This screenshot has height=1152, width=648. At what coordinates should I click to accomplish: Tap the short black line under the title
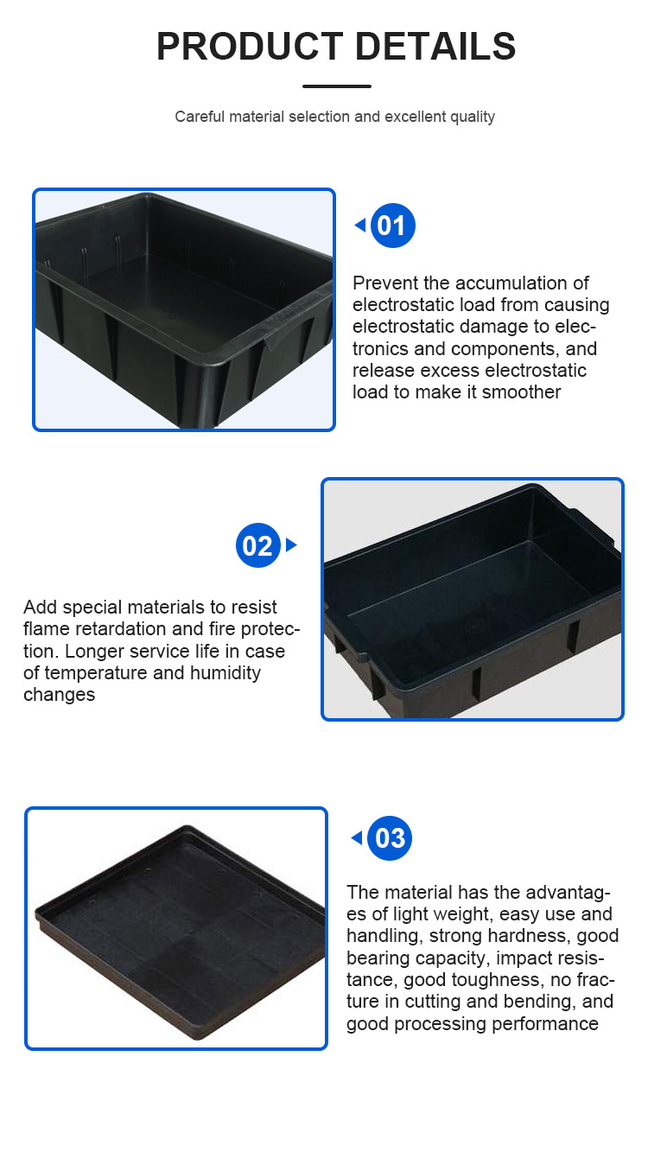[x=337, y=86]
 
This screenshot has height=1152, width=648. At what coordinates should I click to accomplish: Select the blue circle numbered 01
[x=392, y=226]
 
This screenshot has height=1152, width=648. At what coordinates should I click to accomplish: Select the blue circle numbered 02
[x=257, y=545]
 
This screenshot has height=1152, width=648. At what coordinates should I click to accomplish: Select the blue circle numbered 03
[x=390, y=838]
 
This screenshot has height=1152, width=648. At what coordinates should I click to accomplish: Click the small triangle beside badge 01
[x=359, y=226]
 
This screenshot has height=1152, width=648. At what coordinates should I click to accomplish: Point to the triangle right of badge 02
[x=291, y=545]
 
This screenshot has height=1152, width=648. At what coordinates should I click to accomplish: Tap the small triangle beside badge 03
[x=356, y=838]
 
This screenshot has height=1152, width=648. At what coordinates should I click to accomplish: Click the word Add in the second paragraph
[x=40, y=608]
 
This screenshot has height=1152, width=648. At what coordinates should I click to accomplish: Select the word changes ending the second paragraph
[x=59, y=695]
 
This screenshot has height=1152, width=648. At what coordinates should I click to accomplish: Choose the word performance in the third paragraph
[x=545, y=1024]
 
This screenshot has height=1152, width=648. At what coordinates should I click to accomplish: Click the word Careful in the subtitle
[x=200, y=117]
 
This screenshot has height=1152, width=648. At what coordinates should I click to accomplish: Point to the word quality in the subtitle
[x=472, y=117]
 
